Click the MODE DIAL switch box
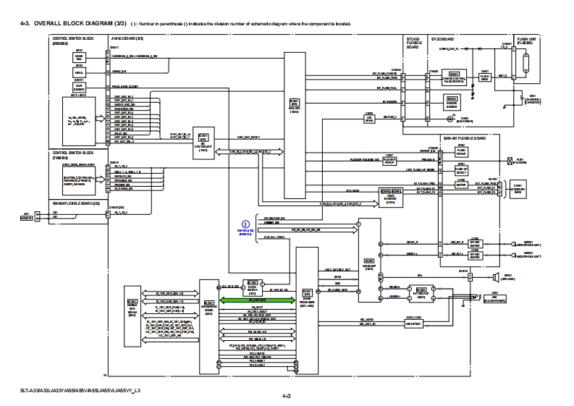tap(79, 57)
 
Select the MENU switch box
tap(79, 72)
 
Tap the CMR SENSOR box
tap(79, 88)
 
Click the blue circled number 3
tap(245, 224)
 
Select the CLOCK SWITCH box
tap(253, 284)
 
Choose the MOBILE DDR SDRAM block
tap(132, 308)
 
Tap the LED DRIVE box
tap(370, 116)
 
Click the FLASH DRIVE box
tap(484, 75)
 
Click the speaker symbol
tap(497, 276)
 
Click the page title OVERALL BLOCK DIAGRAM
tap(55, 23)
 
